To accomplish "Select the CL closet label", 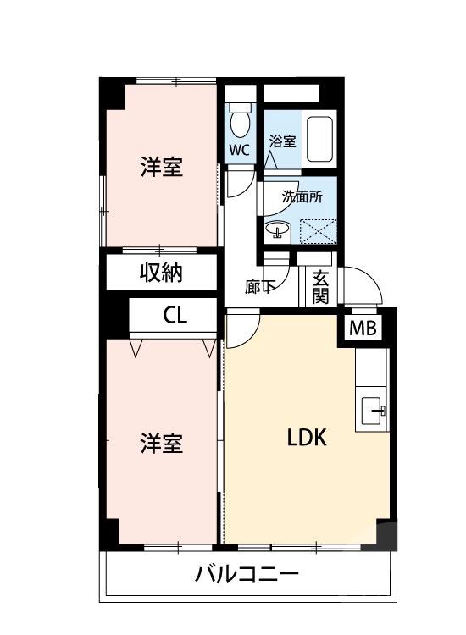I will tap(175, 316).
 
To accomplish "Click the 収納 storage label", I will tap(161, 273).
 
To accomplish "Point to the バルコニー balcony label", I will tap(247, 577).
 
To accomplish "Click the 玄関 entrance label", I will tap(320, 286).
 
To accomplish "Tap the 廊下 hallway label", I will tap(259, 287).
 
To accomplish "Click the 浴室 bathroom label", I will tap(282, 142).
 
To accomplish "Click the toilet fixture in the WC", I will tap(241, 121).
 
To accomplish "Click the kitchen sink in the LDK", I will tap(374, 411).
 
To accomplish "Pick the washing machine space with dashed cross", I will tap(319, 230).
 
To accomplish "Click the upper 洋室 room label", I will tap(161, 168).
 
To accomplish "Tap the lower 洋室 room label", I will tap(161, 443).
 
